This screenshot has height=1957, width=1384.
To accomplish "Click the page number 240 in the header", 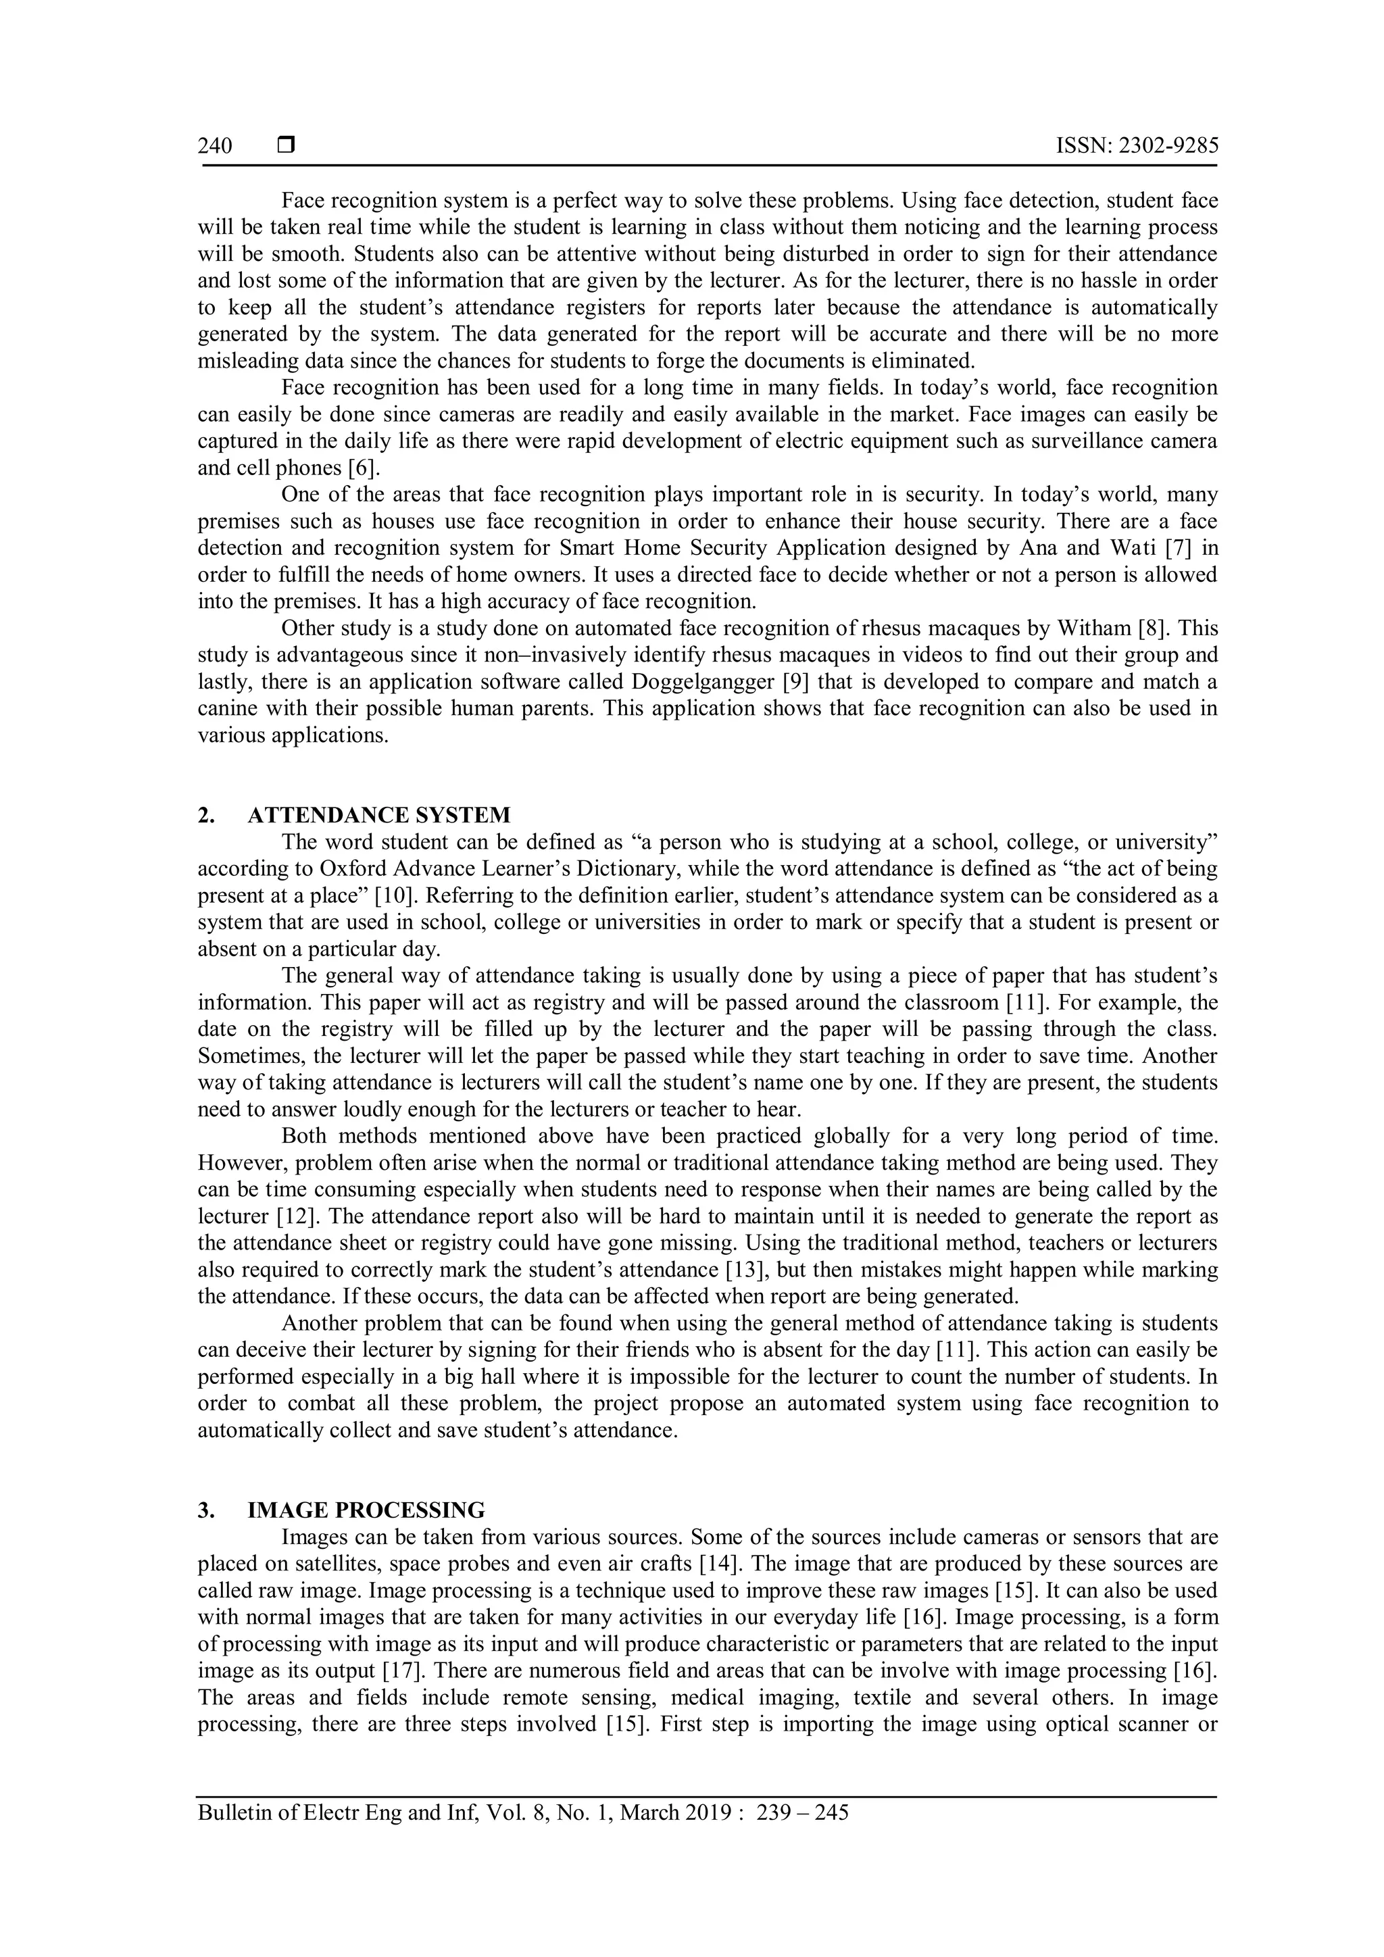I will pyautogui.click(x=215, y=147).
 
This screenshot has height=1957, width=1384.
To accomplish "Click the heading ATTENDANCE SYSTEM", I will pyautogui.click(x=379, y=816).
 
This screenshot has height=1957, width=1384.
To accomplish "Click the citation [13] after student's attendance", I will pyautogui.click(x=748, y=1270).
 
